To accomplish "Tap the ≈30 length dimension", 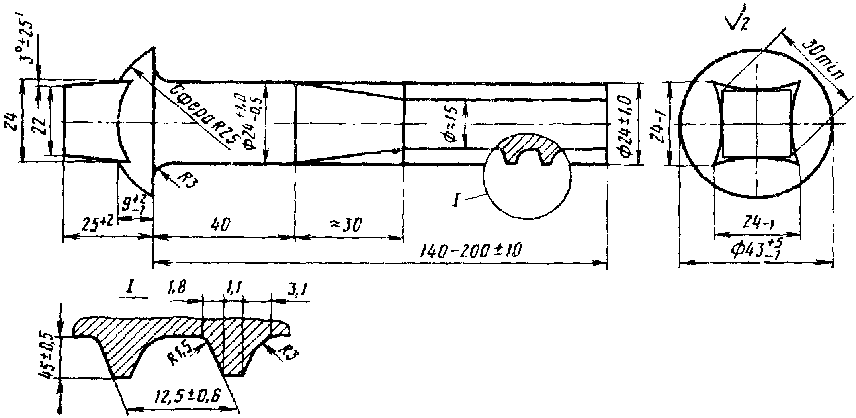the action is click(x=346, y=226).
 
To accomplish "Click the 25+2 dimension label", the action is click(x=98, y=227).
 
